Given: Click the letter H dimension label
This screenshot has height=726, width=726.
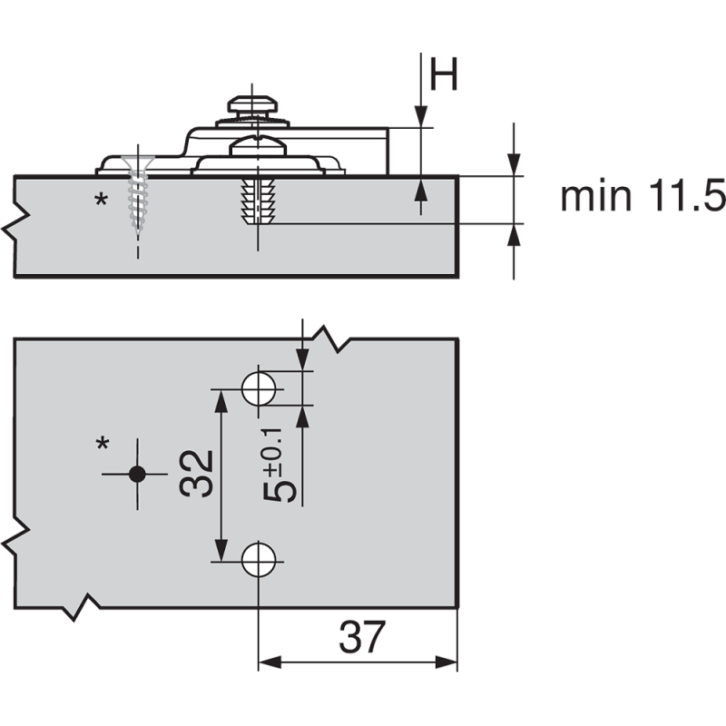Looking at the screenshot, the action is click(444, 74).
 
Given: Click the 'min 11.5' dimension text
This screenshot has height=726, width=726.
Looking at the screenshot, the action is click(643, 196).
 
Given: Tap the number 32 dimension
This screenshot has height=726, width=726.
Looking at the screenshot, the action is click(197, 474).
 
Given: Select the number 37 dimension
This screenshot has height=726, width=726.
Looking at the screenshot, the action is click(361, 637).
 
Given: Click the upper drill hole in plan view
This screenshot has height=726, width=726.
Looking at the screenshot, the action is click(259, 388).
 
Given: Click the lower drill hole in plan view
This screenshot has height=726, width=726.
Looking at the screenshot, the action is click(259, 560).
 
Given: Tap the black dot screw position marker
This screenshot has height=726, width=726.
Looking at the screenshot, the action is click(137, 474).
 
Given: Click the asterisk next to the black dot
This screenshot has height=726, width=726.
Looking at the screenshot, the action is click(103, 444).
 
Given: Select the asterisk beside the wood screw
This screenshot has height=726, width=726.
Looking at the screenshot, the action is click(101, 200).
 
